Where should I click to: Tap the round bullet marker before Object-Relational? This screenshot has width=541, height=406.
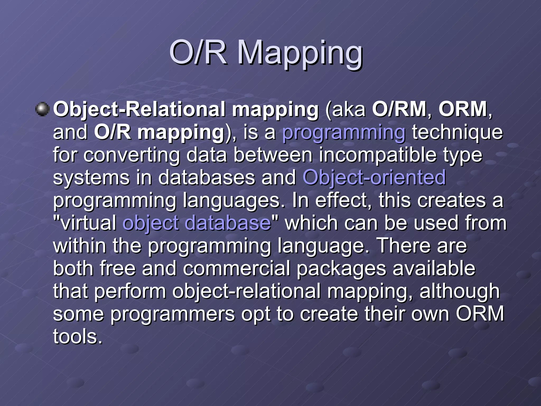(x=42, y=109)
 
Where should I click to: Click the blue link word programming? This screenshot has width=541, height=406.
(x=344, y=132)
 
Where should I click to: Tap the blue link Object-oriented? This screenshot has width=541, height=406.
(x=374, y=177)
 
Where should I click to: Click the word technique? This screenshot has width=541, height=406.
(x=457, y=132)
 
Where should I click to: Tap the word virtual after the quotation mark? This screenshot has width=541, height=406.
(x=88, y=223)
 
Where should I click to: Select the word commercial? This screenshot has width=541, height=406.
(x=236, y=268)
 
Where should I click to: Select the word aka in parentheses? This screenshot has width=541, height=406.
(x=349, y=109)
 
